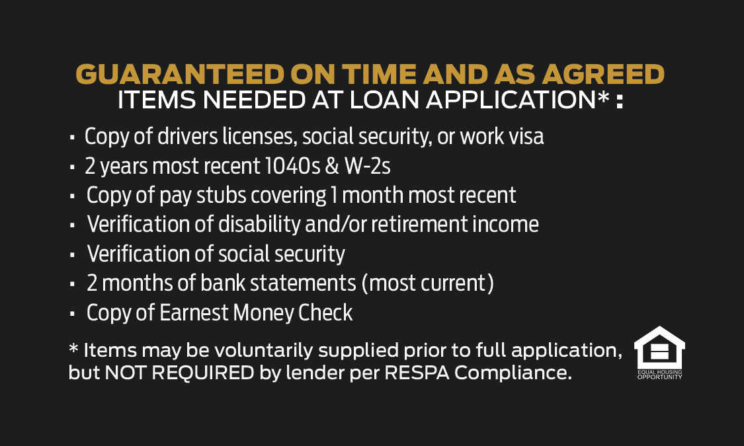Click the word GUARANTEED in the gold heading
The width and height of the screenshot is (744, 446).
(x=180, y=75)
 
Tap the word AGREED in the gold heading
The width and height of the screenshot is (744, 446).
(x=604, y=75)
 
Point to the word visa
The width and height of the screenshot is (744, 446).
(x=526, y=137)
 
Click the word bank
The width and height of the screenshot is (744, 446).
(x=222, y=283)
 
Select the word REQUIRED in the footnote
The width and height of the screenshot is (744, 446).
(x=203, y=373)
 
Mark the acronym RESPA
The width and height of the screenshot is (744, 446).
(x=417, y=373)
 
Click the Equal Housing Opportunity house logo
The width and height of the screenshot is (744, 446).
(x=659, y=353)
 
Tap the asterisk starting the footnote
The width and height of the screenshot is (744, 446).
(x=73, y=348)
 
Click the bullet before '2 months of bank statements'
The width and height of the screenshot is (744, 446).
(x=72, y=284)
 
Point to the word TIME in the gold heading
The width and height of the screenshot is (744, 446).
(x=379, y=75)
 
